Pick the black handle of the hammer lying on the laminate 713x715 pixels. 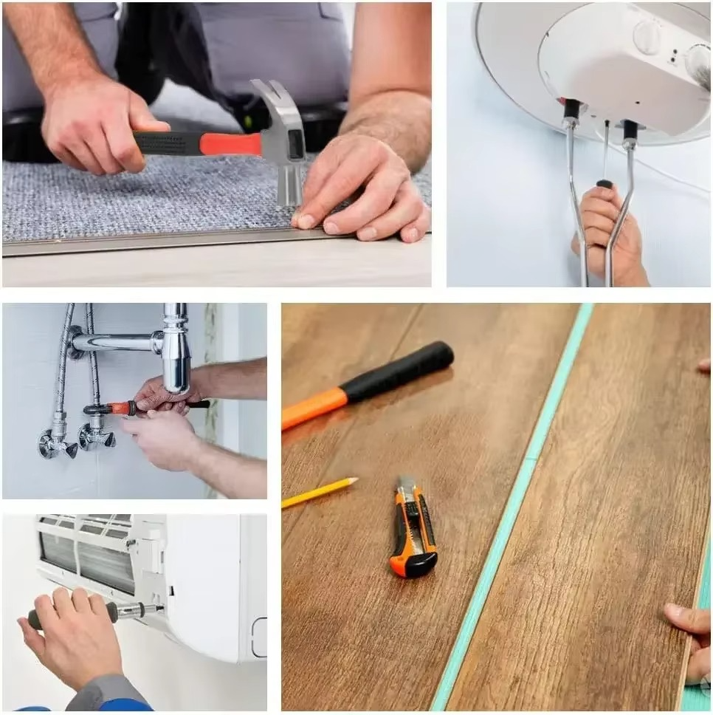point(402,372)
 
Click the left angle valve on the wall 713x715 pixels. point(58,442)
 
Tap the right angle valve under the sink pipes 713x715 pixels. point(96,437)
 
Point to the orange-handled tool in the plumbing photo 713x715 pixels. point(118,408)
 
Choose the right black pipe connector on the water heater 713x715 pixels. point(630,131)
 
